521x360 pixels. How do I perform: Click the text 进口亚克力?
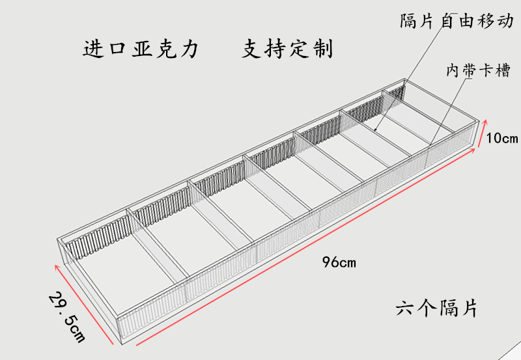click(140, 49)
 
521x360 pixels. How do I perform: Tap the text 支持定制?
click(288, 49)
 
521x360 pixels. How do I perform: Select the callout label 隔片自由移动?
click(457, 21)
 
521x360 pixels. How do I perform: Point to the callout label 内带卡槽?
click(476, 70)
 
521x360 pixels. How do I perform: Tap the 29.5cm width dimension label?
click(68, 317)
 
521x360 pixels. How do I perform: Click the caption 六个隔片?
click(436, 307)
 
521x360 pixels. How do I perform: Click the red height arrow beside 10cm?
click(482, 135)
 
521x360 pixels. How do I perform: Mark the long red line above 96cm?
click(306, 247)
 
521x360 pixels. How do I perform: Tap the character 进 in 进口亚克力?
click(93, 49)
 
